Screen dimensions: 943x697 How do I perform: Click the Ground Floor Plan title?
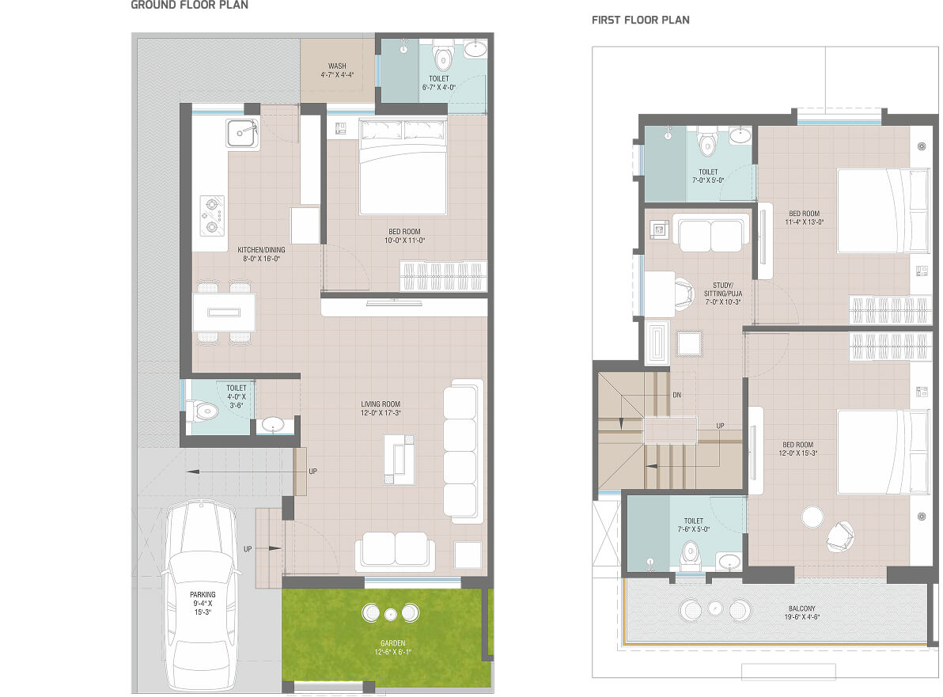[189, 5]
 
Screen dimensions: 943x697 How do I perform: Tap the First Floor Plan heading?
[641, 20]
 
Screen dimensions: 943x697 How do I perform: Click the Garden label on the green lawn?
[392, 643]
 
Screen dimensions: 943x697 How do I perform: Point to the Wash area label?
[337, 66]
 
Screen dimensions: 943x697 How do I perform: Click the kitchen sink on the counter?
[242, 133]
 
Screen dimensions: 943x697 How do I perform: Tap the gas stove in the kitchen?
[212, 215]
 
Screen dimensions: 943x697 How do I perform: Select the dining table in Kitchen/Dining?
[225, 313]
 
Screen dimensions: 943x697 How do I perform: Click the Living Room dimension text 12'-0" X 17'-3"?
[381, 413]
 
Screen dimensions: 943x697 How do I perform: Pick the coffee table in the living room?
[400, 460]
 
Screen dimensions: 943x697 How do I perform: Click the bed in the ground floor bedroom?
[403, 167]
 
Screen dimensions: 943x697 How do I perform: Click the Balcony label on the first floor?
[801, 608]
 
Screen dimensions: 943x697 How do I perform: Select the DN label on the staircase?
[676, 395]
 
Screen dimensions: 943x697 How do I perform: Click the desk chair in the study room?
[684, 294]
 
